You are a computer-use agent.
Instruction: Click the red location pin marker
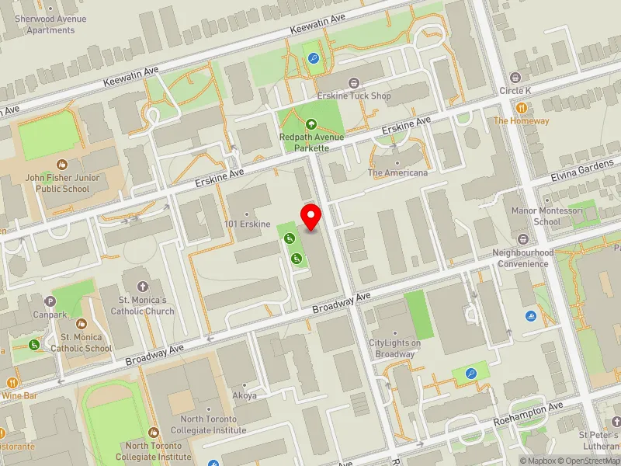pyautogui.click(x=311, y=217)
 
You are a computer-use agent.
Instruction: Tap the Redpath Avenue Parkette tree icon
pyautogui.click(x=311, y=123)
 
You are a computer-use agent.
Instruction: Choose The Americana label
pyautogui.click(x=397, y=172)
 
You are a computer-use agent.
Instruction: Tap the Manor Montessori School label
pyautogui.click(x=536, y=216)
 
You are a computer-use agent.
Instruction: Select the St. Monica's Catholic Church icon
pyautogui.click(x=142, y=287)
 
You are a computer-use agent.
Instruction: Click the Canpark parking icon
pyautogui.click(x=51, y=301)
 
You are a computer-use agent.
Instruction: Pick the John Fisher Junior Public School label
pyautogui.click(x=61, y=183)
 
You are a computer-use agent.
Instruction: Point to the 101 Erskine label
pyautogui.click(x=246, y=225)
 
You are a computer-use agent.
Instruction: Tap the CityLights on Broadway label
pyautogui.click(x=394, y=349)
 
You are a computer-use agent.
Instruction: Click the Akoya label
pyautogui.click(x=244, y=395)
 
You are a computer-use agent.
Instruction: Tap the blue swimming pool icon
pyautogui.click(x=530, y=316)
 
